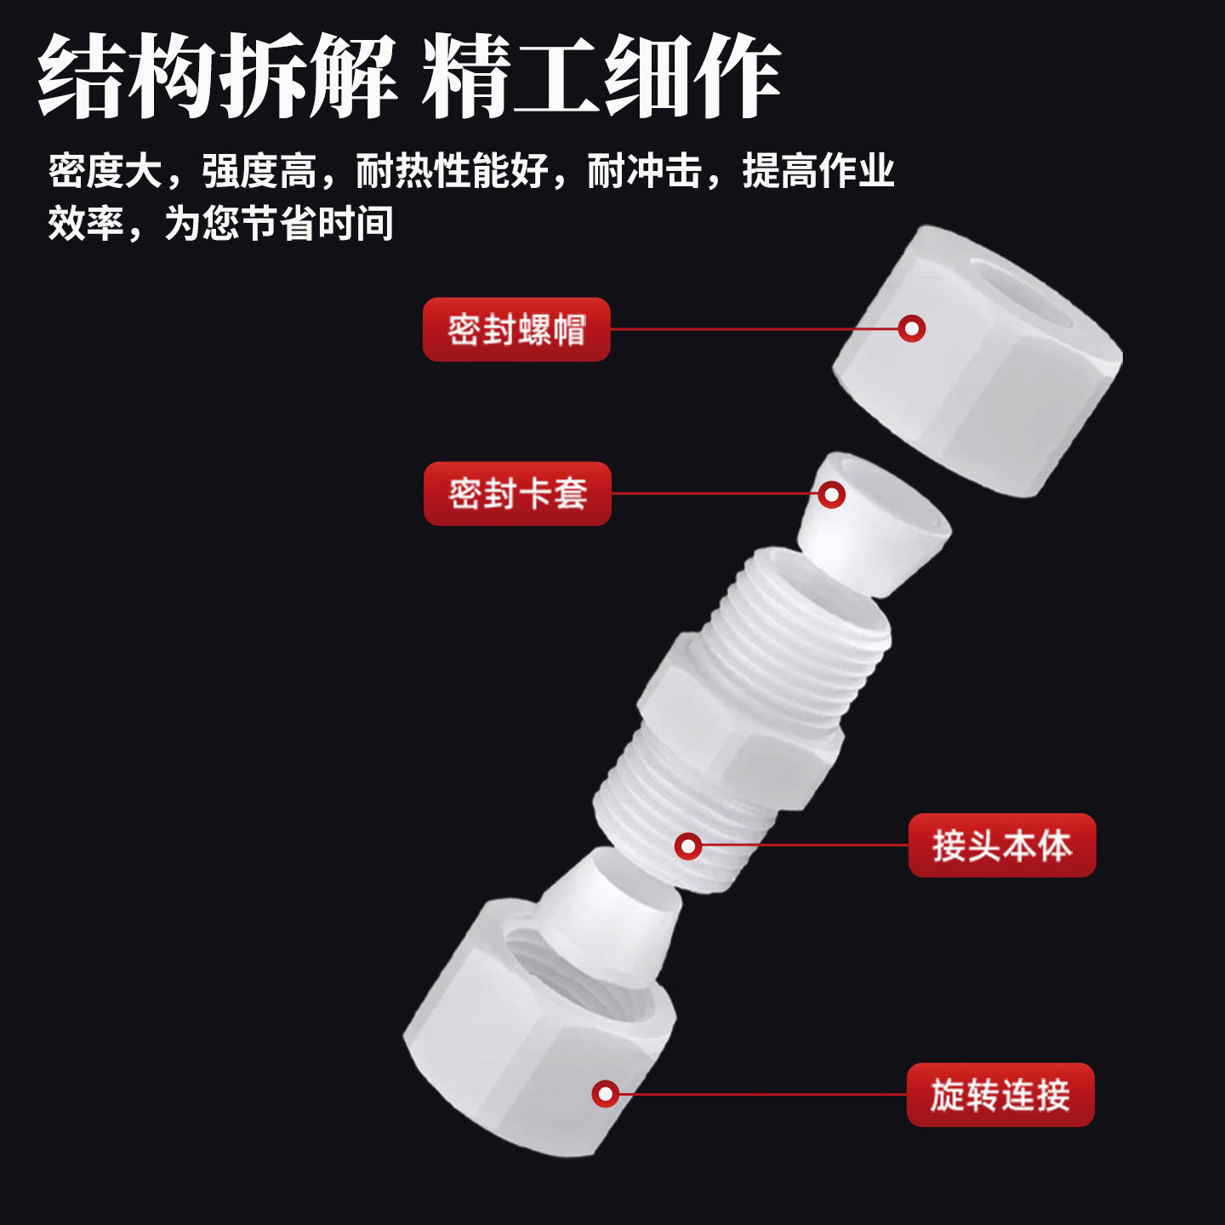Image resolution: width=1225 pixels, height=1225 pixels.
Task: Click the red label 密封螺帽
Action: (516, 329)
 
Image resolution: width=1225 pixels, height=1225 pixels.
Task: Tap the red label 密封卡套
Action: (517, 493)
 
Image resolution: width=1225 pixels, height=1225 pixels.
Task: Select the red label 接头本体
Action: (1002, 846)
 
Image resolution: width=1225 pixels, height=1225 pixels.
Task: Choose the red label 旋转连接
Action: (1000, 1095)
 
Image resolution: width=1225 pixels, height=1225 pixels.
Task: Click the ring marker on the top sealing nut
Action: (912, 328)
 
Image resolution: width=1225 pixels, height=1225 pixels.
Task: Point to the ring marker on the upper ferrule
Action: (831, 494)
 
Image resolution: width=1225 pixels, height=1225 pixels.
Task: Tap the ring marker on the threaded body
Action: (688, 846)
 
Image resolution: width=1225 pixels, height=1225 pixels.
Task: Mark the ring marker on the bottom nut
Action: (605, 1094)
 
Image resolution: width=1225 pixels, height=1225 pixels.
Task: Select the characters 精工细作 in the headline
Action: (601, 77)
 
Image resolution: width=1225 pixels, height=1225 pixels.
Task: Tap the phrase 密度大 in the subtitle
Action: (105, 171)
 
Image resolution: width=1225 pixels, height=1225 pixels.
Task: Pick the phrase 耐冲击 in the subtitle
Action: (645, 171)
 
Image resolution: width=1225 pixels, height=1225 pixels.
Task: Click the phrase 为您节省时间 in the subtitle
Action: (279, 223)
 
